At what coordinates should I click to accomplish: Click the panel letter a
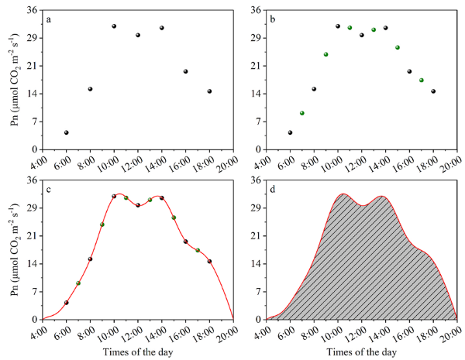49,19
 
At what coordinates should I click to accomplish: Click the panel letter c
49,190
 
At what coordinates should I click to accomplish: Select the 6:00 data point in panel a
67,132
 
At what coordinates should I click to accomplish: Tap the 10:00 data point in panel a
114,26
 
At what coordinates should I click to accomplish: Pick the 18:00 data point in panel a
209,91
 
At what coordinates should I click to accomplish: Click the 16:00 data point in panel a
185,71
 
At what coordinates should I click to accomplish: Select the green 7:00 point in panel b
302,113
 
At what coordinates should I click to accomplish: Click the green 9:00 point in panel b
326,54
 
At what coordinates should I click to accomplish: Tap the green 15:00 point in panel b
398,47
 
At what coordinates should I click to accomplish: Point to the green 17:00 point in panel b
422,80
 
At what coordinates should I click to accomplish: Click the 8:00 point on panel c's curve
90,259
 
